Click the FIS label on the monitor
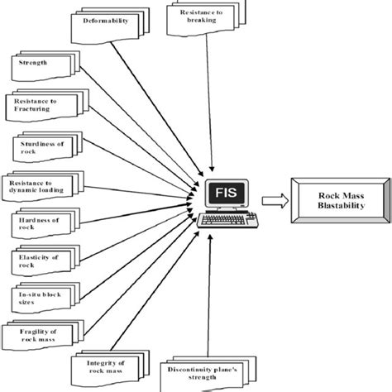[218, 194]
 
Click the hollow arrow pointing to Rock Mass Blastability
[274, 199]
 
